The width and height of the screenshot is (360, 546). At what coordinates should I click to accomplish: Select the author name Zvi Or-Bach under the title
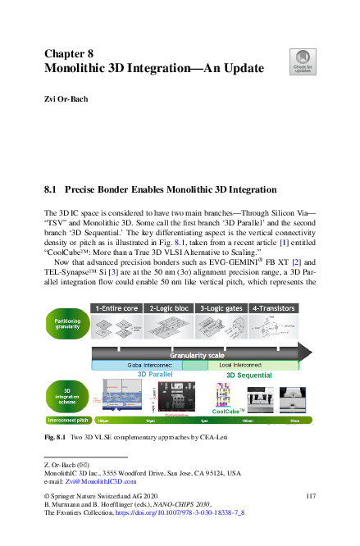66,98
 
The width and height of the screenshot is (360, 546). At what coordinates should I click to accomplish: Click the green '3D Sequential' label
249,375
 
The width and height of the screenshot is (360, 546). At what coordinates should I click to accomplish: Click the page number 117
310,496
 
